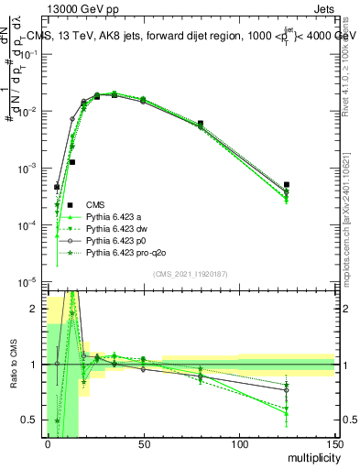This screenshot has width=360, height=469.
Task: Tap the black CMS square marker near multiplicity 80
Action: (x=200, y=123)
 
